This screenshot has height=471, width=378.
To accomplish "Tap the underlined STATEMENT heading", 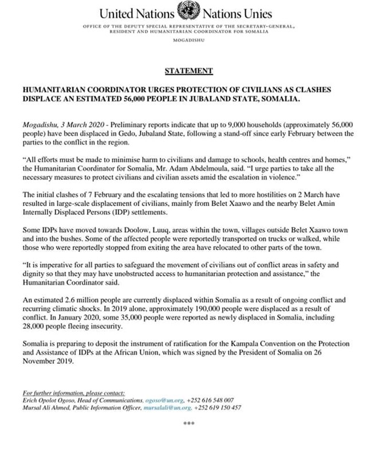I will (188, 71).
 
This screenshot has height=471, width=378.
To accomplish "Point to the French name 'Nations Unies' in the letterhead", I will (238, 13).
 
